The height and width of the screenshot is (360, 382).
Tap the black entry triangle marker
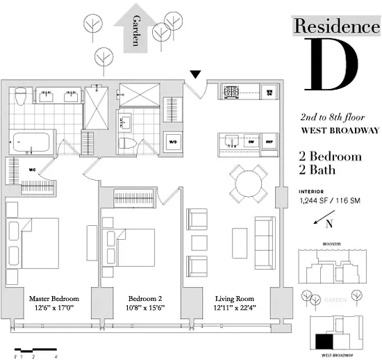[197, 74]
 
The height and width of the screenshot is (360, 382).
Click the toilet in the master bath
[22, 95]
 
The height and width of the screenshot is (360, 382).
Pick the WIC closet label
[32, 167]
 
